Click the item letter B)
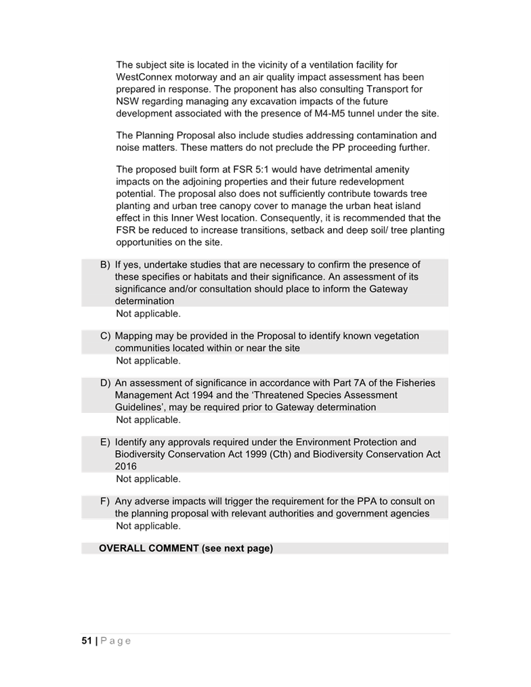(105, 265)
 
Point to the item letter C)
(105, 336)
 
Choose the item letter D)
(105, 383)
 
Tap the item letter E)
(105, 442)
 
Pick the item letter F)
(105, 502)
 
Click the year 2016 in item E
(126, 466)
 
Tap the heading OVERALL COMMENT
(149, 548)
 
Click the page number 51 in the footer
(87, 640)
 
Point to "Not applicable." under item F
(148, 526)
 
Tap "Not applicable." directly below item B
(148, 313)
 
